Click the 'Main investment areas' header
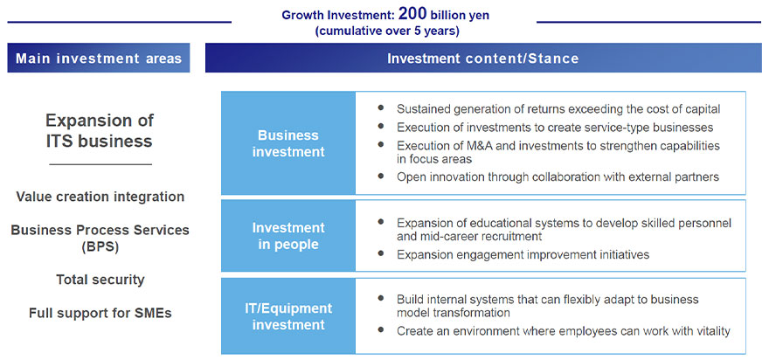click(x=98, y=59)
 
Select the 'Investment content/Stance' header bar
click(x=482, y=59)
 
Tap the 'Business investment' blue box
click(x=288, y=143)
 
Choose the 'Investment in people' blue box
click(x=288, y=236)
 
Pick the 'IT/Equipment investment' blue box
click(x=288, y=316)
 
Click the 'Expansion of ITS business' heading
click(x=100, y=131)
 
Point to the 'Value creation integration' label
click(x=100, y=197)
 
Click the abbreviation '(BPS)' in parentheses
click(x=100, y=246)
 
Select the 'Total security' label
click(x=100, y=280)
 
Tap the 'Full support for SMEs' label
click(x=100, y=313)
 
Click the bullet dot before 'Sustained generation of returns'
click(x=381, y=107)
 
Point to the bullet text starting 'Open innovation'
click(x=558, y=177)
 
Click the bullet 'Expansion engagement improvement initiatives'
click(x=523, y=254)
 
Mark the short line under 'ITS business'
click(x=100, y=164)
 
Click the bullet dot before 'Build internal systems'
click(x=381, y=298)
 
